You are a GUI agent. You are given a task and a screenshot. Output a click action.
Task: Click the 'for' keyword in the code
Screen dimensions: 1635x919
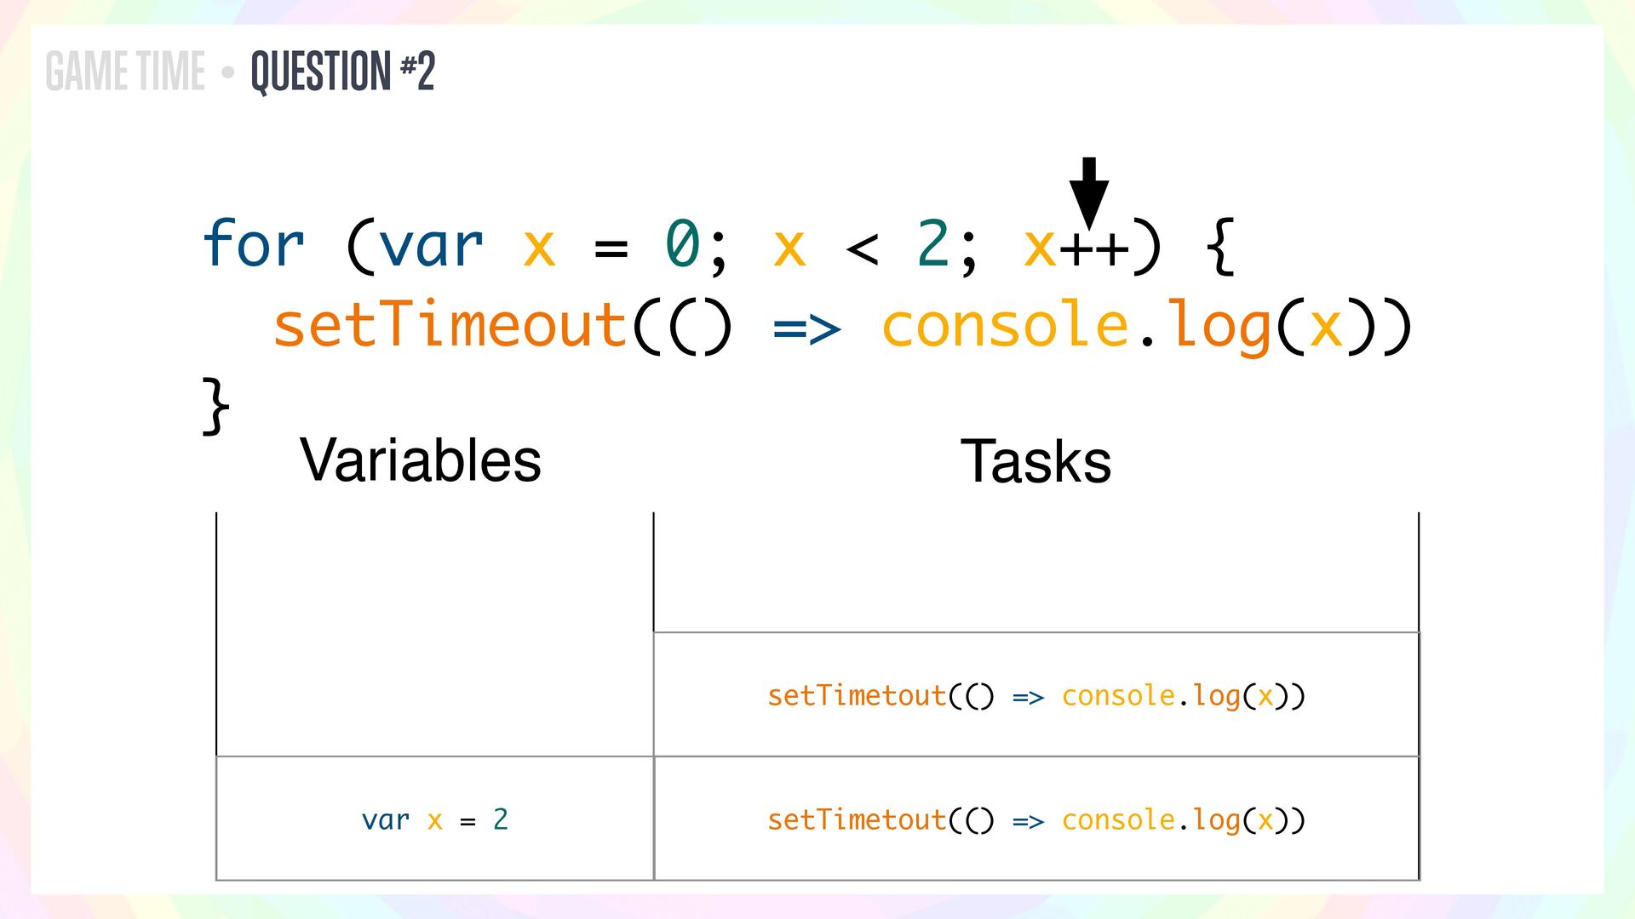(x=253, y=244)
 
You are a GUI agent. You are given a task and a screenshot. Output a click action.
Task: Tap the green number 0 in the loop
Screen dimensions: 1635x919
(x=682, y=244)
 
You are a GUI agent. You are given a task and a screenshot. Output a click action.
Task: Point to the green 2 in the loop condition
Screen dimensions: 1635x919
(x=933, y=244)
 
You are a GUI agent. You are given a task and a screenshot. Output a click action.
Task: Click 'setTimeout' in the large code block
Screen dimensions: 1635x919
(x=450, y=325)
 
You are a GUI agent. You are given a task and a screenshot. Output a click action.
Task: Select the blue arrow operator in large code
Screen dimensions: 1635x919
(x=806, y=328)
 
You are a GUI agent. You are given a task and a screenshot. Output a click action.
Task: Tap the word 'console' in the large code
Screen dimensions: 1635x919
(x=1005, y=326)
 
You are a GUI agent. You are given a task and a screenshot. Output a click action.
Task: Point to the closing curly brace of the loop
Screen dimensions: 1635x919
(x=215, y=406)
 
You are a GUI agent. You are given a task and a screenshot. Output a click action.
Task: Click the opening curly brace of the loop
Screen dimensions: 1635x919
(x=1220, y=246)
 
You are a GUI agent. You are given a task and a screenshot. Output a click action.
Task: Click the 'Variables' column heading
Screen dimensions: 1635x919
(x=421, y=460)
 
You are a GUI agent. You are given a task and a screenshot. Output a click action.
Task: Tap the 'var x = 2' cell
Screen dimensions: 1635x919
(x=434, y=819)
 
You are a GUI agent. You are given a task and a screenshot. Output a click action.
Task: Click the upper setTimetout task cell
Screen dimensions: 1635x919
(x=1035, y=696)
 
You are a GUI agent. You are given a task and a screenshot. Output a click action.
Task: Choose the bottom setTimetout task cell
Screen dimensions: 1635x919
(x=1035, y=819)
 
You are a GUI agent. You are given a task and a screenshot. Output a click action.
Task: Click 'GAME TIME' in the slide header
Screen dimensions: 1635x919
(x=125, y=71)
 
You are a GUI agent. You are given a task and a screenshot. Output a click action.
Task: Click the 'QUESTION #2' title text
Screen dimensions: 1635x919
(x=343, y=71)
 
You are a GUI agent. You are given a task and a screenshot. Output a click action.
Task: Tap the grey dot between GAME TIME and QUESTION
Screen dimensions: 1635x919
(x=227, y=73)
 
